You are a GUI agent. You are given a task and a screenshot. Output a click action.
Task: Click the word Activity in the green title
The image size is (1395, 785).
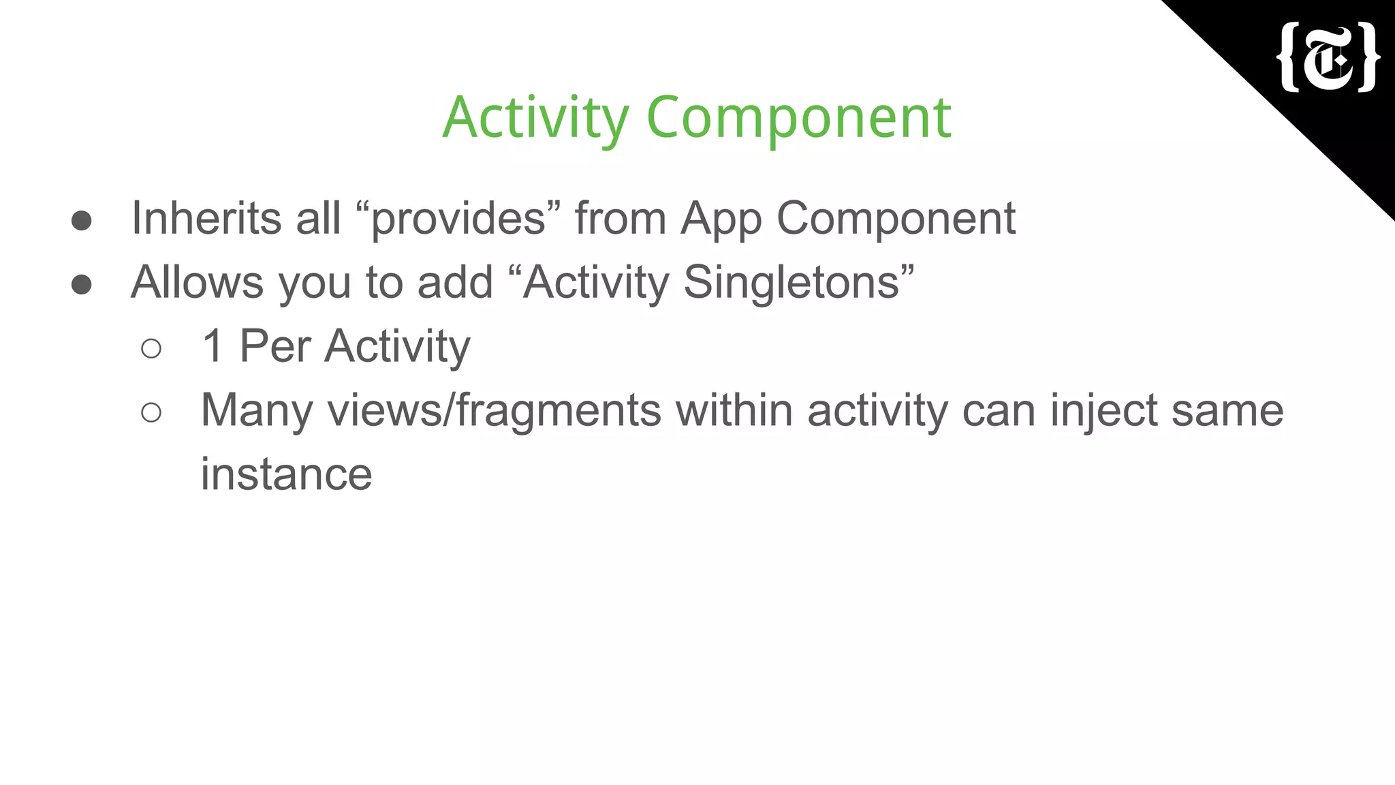pos(535,118)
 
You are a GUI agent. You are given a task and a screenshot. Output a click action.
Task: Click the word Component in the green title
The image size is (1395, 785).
pos(798,118)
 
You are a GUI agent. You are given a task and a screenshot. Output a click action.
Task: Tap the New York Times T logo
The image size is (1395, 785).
pos(1328,58)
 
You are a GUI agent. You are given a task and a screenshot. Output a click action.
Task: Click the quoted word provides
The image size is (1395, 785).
pos(458,219)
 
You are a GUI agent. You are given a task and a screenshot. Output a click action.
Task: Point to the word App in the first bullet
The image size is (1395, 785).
pos(721,219)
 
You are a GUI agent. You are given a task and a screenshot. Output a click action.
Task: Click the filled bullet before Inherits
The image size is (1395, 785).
pos(82,220)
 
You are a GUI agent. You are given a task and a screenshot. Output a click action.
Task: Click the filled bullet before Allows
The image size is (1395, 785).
pos(82,284)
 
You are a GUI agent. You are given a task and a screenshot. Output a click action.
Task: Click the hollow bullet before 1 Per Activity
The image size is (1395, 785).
pos(151,348)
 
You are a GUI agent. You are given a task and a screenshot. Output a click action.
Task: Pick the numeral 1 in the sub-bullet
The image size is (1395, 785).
pos(213,346)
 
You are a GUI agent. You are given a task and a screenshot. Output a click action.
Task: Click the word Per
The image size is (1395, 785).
pos(275,346)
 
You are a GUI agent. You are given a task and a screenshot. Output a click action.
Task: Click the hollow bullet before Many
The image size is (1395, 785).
pos(151,412)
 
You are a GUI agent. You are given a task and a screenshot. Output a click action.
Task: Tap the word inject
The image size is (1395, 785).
pos(1103,411)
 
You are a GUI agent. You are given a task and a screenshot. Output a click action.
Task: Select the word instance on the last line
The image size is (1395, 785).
pos(286,474)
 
